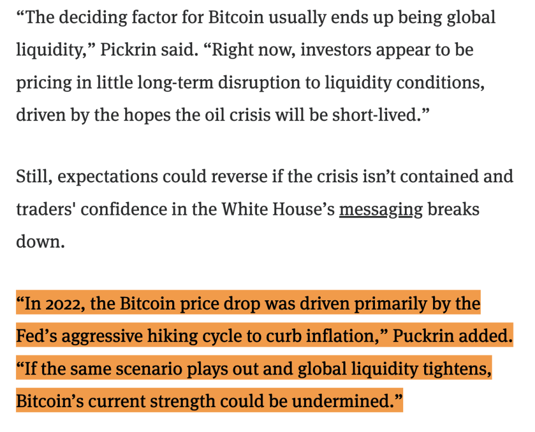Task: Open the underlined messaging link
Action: click(x=380, y=210)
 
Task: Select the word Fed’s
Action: click(x=37, y=336)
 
